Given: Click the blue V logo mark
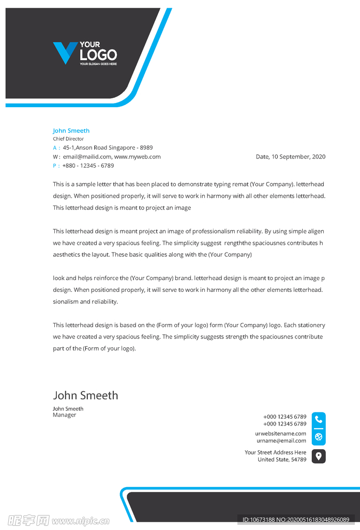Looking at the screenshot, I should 65,53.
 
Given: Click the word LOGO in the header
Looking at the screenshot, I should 98,55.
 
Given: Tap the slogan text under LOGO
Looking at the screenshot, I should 98,64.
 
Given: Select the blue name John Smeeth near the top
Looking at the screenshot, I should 71,131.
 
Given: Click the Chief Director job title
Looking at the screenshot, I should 68,139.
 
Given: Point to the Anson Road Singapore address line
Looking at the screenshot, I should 108,148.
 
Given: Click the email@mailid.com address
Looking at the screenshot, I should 87,157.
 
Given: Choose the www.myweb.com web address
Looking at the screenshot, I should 138,157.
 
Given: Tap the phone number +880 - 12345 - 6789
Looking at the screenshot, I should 88,166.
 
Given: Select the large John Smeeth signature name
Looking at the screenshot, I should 85,395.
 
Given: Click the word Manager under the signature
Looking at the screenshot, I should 64,415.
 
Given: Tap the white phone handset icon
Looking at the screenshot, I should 319,420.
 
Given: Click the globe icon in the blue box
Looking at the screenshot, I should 319,437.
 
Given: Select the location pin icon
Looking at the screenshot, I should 319,456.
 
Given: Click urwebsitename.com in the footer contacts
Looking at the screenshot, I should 280,434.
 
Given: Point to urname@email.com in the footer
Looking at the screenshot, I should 281,441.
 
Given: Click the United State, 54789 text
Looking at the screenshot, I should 282,460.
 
